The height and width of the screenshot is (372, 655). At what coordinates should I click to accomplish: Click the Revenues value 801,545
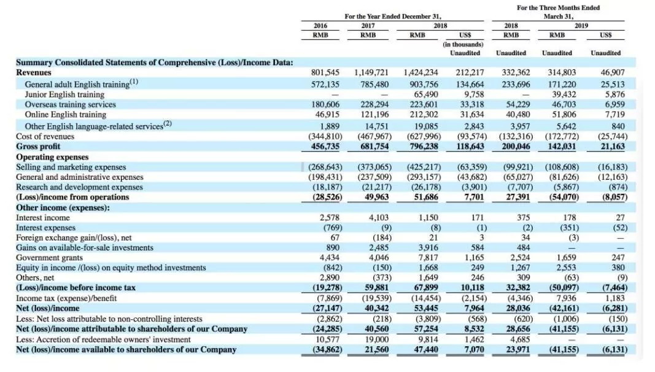click(x=326, y=72)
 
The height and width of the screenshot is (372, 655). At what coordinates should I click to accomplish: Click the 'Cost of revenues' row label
click(x=45, y=136)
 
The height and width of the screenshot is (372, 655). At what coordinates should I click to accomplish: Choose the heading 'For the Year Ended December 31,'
click(x=393, y=17)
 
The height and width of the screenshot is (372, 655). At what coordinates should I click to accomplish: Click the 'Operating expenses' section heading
click(x=53, y=157)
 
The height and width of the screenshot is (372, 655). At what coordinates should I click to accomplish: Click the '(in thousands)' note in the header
click(x=463, y=44)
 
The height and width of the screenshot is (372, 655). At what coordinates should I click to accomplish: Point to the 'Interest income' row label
click(x=42, y=217)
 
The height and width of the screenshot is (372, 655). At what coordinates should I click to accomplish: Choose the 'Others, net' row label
click(x=36, y=277)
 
